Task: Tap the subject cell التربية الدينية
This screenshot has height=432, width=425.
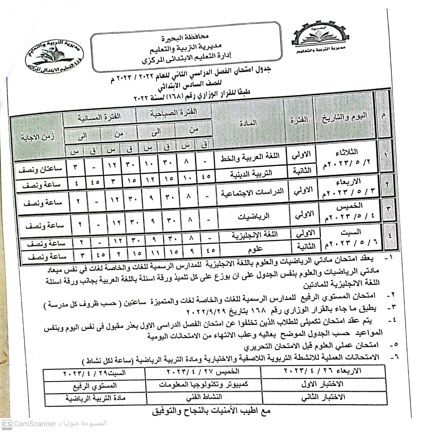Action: click(x=251, y=174)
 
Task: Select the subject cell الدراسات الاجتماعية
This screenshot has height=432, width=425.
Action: click(x=252, y=193)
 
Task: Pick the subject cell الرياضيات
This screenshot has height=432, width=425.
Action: click(x=254, y=216)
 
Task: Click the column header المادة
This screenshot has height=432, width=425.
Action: click(x=248, y=123)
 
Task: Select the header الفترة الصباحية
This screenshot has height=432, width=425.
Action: click(x=174, y=113)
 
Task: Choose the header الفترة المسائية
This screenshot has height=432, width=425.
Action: click(x=99, y=117)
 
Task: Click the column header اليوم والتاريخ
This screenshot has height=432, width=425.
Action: click(x=344, y=118)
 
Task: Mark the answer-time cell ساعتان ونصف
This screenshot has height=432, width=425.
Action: click(x=41, y=169)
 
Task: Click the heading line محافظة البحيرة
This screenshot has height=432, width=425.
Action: click(x=185, y=37)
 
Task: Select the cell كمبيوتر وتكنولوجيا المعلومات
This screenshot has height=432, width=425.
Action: click(x=203, y=384)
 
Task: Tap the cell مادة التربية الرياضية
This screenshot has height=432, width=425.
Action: click(x=95, y=399)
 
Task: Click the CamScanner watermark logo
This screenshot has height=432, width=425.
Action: click(x=6, y=424)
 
